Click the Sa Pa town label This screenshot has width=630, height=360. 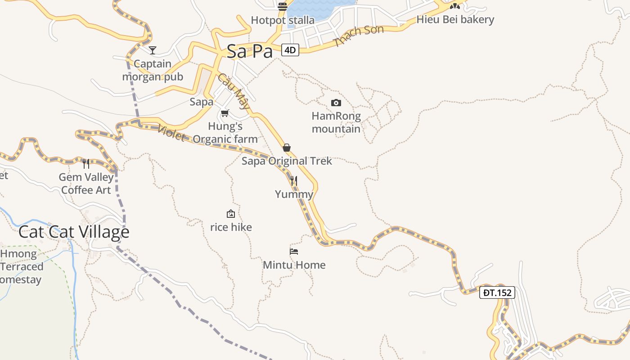250,51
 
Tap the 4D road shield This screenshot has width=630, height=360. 290,50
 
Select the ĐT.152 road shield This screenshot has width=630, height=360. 497,292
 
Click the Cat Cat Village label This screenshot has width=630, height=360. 74,232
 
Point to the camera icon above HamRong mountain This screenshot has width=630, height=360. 336,103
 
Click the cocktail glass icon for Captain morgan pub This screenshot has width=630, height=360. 153,50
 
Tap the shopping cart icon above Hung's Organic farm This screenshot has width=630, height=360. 225,113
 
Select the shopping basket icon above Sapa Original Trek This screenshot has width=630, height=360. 287,148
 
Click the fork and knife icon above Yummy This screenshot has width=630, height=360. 294,181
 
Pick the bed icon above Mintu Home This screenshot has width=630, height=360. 294,252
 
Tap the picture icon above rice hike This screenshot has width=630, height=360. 231,214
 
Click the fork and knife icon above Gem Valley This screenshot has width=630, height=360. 86,163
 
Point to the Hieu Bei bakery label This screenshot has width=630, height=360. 455,19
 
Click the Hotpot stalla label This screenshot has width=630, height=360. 283,20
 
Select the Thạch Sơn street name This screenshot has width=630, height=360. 358,36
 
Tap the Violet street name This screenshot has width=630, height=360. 171,132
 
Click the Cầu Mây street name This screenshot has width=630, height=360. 234,91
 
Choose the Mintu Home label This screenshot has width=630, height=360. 294,265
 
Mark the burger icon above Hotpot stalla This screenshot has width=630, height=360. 283,6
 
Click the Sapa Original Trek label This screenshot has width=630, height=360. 287,161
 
